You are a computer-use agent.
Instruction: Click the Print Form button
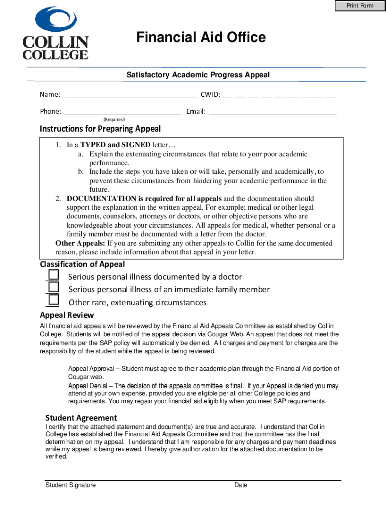click(360, 6)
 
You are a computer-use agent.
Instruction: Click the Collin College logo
click(55, 33)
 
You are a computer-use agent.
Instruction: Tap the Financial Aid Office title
click(202, 38)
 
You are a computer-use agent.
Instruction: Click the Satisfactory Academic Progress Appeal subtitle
click(198, 75)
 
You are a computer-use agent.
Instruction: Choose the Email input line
click(272, 112)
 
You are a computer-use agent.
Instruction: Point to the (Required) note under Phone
click(114, 119)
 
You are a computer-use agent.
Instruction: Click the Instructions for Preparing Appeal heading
click(100, 128)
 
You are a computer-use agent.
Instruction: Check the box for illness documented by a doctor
click(54, 275)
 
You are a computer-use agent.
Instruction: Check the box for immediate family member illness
click(54, 288)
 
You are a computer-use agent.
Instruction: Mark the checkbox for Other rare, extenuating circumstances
click(54, 301)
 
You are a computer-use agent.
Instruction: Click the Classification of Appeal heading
click(82, 264)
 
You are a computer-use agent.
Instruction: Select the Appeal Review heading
click(67, 315)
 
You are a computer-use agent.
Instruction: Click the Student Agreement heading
click(81, 418)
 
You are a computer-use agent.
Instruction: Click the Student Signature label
click(70, 485)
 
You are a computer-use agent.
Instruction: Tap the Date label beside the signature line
click(241, 485)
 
